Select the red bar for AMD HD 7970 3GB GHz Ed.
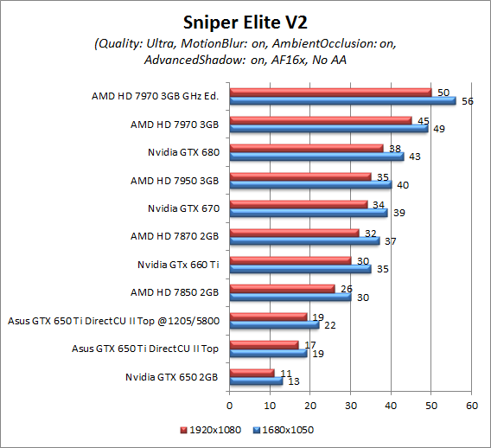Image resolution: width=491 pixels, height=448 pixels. (330, 92)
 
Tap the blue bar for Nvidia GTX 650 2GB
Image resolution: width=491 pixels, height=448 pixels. (256, 381)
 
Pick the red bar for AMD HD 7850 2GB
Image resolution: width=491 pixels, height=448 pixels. (282, 289)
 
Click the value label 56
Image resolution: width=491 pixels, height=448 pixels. (466, 101)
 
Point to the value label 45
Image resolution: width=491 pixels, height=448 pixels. (423, 120)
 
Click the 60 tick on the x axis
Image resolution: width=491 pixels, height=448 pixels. (472, 404)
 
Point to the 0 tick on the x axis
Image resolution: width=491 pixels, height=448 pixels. (230, 404)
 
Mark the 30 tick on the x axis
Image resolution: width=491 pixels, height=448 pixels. (351, 404)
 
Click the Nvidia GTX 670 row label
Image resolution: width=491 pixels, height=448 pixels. (183, 208)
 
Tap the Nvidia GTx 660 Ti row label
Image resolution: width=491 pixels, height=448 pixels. (178, 265)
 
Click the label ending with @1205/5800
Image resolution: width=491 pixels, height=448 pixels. (113, 321)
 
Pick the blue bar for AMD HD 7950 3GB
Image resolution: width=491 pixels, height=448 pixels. (310, 183)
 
